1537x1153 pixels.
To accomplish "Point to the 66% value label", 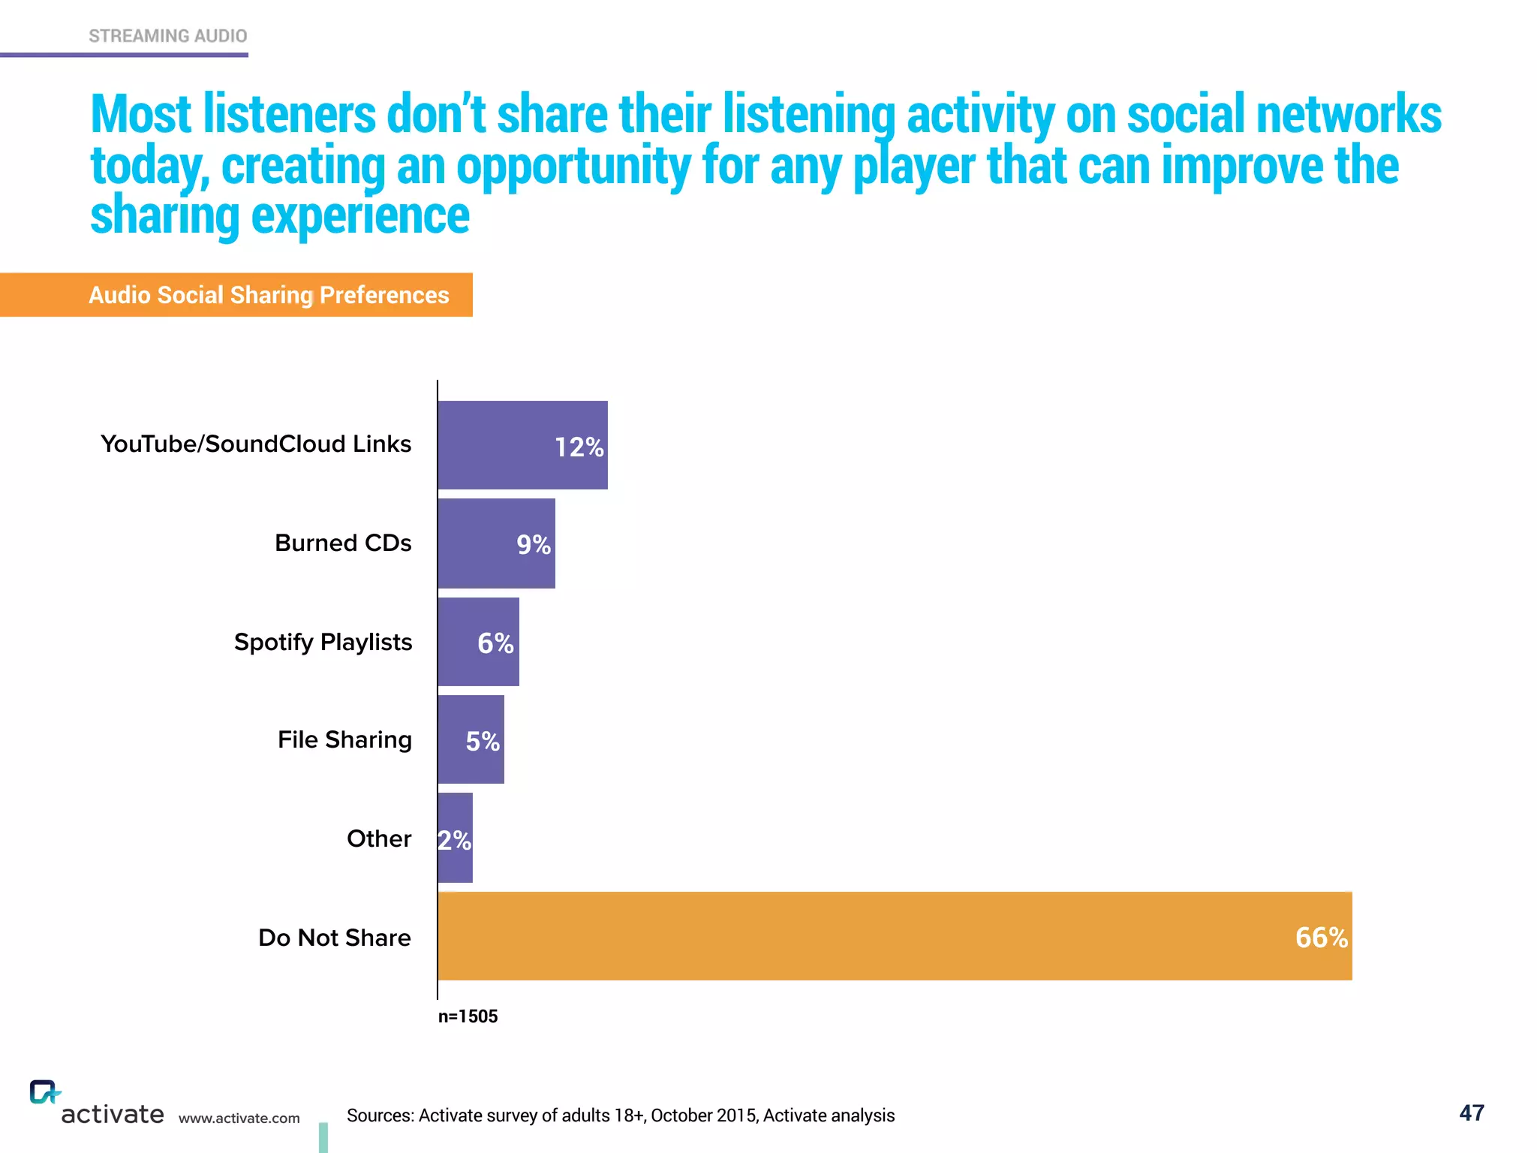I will tap(1321, 938).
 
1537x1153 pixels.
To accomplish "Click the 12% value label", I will tap(579, 447).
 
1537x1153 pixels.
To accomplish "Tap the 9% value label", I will tap(534, 545).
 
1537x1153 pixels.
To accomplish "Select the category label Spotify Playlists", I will tap(323, 643).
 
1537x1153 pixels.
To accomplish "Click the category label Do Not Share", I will tap(334, 938).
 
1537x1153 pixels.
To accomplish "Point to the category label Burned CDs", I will tap(343, 543).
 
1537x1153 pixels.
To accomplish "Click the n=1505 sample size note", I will tap(468, 1016).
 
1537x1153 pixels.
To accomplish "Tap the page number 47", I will tap(1471, 1112).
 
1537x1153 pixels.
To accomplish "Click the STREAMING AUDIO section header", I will tap(167, 36).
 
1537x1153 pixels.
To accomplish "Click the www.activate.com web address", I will tap(239, 1118).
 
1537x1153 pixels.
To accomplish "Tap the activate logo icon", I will tap(44, 1092).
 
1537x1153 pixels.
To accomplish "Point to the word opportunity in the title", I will tap(573, 167).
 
